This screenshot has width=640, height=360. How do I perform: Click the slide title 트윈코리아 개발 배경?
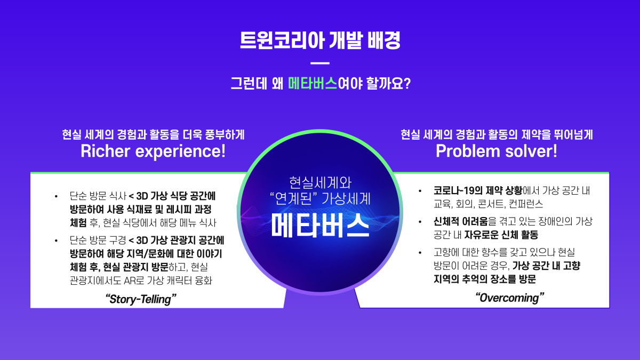click(x=320, y=41)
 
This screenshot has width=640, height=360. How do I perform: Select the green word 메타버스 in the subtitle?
click(x=313, y=83)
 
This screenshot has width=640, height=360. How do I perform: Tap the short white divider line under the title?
click(x=320, y=63)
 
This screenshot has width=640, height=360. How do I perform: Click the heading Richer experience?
click(x=153, y=151)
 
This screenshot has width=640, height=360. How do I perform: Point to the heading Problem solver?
click(x=497, y=151)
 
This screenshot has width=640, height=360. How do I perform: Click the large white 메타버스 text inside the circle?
click(x=321, y=226)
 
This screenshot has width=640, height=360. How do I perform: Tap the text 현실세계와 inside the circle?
click(x=321, y=182)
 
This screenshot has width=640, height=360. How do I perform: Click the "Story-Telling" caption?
click(x=141, y=299)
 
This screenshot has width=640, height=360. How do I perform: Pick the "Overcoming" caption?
click(x=510, y=298)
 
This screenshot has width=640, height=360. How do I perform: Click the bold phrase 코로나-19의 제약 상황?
click(x=478, y=190)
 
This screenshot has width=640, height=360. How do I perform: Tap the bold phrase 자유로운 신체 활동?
click(x=501, y=235)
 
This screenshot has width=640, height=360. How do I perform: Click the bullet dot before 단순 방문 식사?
click(x=56, y=196)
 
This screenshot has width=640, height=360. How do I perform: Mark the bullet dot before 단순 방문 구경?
click(x=56, y=241)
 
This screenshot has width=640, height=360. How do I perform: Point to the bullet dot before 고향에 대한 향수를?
click(x=420, y=253)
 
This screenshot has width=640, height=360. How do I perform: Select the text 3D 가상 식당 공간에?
click(x=176, y=196)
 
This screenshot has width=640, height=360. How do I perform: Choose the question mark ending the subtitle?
click(x=407, y=83)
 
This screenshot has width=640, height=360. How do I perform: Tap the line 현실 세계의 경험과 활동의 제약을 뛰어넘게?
click(x=497, y=134)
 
